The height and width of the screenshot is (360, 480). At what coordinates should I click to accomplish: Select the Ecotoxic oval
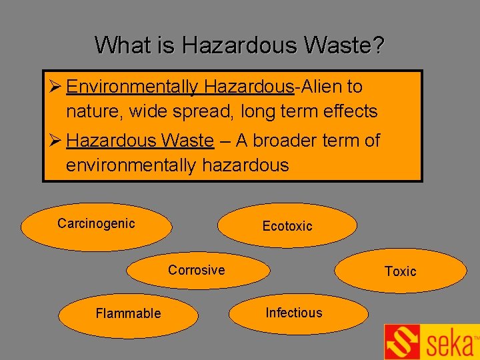[287, 226]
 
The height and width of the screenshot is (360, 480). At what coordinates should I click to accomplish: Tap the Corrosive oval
[198, 271]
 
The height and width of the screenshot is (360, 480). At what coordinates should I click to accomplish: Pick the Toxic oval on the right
[400, 271]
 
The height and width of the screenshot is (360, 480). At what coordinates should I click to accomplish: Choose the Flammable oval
[128, 313]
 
